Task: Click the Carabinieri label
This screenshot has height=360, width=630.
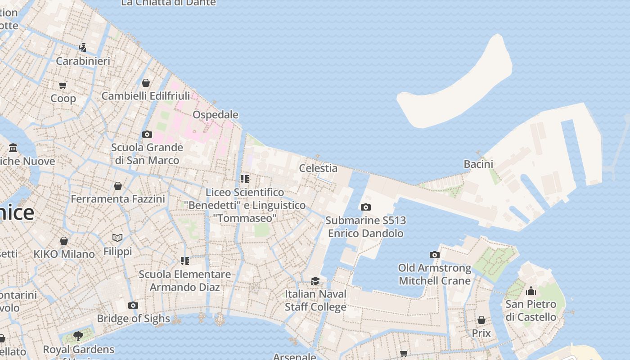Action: [83, 61]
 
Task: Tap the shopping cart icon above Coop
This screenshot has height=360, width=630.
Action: [63, 85]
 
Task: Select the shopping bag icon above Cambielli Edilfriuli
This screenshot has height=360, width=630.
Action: [146, 83]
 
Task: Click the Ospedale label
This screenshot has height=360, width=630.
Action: [215, 115]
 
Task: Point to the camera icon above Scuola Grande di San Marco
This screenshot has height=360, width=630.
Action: [147, 134]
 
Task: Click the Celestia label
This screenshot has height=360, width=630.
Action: [318, 168]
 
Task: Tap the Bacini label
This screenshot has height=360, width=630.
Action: [478, 164]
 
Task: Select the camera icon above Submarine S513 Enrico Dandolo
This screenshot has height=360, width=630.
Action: [366, 207]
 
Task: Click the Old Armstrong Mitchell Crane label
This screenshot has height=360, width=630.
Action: [435, 274]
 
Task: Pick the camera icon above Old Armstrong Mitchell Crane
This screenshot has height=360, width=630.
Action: [434, 255]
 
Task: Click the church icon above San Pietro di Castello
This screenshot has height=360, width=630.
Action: [531, 291]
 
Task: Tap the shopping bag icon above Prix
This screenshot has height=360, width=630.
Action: [481, 320]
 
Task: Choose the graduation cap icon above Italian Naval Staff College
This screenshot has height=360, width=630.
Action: [315, 281]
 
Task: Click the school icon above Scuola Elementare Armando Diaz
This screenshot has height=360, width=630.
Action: [184, 261]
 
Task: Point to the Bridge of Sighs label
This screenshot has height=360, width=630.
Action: [134, 319]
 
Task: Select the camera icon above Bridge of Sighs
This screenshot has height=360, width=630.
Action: [133, 306]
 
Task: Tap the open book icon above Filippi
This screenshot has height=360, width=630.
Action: [117, 238]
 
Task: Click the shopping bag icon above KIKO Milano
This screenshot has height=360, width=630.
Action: [64, 241]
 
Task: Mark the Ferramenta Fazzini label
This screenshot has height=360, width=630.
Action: [118, 199]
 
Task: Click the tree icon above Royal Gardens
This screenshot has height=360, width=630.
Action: [78, 336]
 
